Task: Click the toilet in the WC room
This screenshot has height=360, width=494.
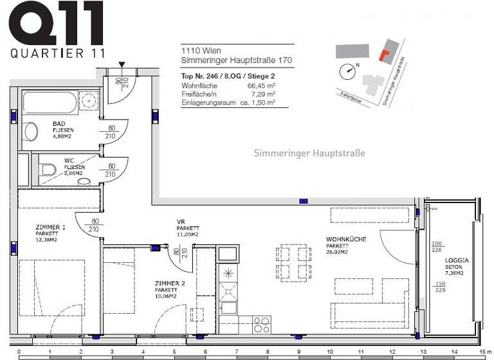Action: (48, 171)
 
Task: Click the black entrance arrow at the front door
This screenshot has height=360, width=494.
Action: (122, 64)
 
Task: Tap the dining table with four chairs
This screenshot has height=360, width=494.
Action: (294, 262)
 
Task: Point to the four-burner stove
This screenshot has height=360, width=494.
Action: (262, 324)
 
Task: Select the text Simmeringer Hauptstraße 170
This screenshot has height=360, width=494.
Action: (237, 60)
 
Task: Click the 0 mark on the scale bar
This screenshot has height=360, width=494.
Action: (19, 352)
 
